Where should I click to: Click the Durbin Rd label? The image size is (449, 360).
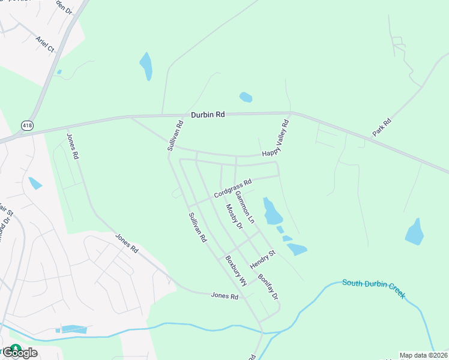(x=208, y=114)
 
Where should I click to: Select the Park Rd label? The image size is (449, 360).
(x=382, y=127)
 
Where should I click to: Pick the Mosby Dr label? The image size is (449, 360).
(x=234, y=217)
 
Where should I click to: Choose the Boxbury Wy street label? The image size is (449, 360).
(x=236, y=271)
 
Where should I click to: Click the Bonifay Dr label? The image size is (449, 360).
(x=268, y=287)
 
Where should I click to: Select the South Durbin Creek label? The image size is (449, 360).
(x=373, y=288)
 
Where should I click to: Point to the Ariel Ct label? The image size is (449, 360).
(x=45, y=44)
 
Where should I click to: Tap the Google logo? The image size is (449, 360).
(x=19, y=352)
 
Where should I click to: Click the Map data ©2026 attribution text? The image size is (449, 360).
(x=424, y=355)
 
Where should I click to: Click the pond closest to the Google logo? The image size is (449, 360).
(x=73, y=329)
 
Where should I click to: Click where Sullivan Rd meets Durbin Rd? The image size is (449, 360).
(x=163, y=115)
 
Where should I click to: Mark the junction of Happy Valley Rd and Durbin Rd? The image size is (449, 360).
(x=292, y=112)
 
